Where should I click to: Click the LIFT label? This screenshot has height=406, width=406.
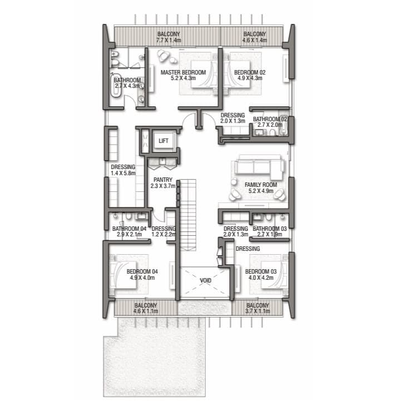pyautogui.click(x=164, y=141)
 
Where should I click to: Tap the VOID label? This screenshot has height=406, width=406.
pyautogui.click(x=206, y=280)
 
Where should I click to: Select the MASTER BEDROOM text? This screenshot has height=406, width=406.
pyautogui.click(x=183, y=72)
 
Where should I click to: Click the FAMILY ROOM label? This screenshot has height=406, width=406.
pyautogui.click(x=261, y=185)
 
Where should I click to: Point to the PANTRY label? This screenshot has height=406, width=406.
pyautogui.click(x=163, y=180)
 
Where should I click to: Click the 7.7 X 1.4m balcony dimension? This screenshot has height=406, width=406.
pyautogui.click(x=169, y=41)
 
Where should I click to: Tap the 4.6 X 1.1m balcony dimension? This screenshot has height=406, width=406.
pyautogui.click(x=146, y=311)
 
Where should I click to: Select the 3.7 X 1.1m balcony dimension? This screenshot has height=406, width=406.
pyautogui.click(x=258, y=311)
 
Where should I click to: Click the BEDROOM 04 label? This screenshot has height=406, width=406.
pyautogui.click(x=142, y=271)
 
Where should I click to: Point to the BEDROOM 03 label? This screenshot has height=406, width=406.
pyautogui.click(x=261, y=271)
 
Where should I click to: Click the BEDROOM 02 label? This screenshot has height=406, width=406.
pyautogui.click(x=250, y=72)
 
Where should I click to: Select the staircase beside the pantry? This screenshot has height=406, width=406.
pyautogui.click(x=188, y=215)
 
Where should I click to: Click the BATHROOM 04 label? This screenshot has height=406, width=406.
pyautogui.click(x=129, y=229)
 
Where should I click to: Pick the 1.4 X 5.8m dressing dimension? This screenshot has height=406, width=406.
pyautogui.click(x=123, y=173)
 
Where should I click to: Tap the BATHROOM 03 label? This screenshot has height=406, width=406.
pyautogui.click(x=270, y=229)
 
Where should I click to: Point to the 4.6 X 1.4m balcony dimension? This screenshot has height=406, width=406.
pyautogui.click(x=255, y=41)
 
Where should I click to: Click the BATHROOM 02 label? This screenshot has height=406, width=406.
pyautogui.click(x=270, y=119)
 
